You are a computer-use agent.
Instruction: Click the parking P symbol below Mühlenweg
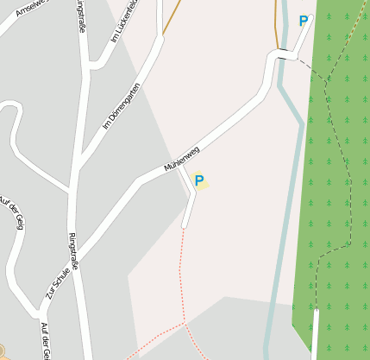pos(199,181)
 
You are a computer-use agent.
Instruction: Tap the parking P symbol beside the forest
pos(303,21)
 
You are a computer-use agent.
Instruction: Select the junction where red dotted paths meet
pos(184,324)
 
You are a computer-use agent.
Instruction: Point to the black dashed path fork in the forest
pos(327,82)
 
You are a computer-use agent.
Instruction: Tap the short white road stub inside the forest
pos(315,332)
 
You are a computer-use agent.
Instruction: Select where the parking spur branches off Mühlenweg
pos(179,167)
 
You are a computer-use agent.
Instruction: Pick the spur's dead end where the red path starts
pos(185,226)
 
